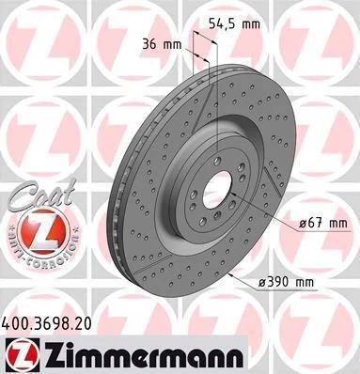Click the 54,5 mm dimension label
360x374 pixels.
[234, 23]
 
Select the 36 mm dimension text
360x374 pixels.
[162, 44]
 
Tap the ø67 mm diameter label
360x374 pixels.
[323, 224]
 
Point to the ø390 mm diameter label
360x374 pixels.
[286, 282]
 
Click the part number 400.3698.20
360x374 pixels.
[47, 323]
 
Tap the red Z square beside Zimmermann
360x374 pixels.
[23, 355]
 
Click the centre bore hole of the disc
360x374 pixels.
[217, 191]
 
